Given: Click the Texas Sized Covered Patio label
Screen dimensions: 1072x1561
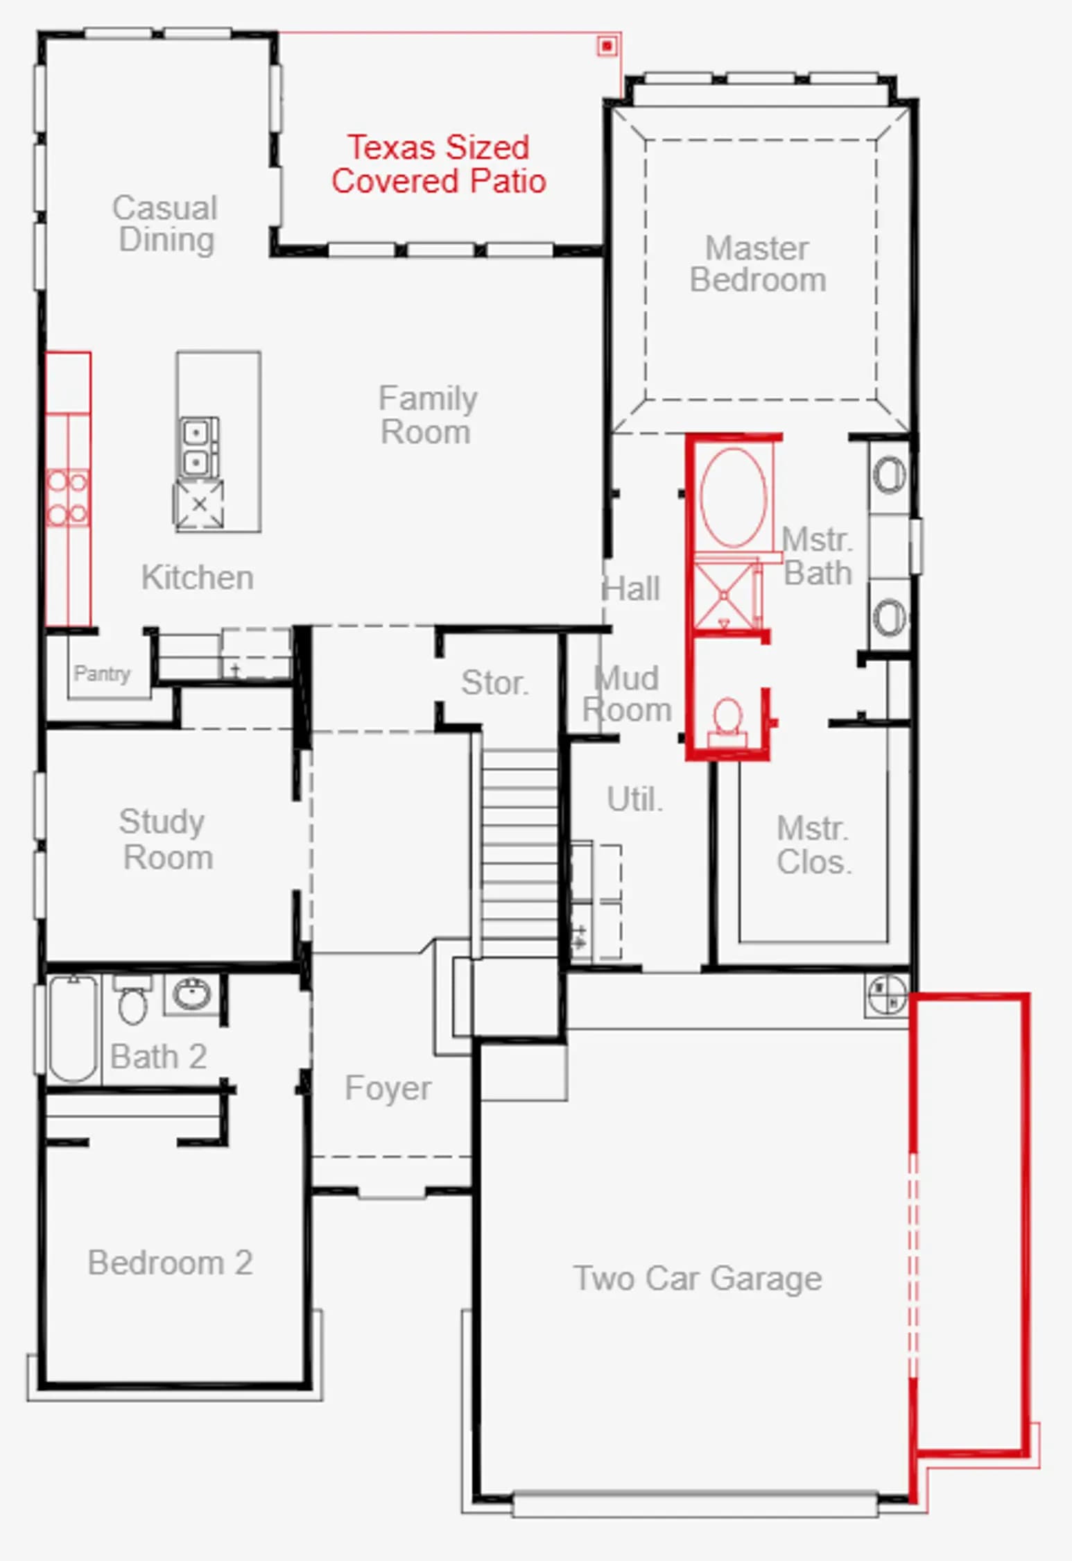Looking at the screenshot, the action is coord(438,164).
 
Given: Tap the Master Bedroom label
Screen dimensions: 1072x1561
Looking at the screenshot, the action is coord(757,264).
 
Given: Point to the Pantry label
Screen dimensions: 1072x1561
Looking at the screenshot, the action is coord(102,673).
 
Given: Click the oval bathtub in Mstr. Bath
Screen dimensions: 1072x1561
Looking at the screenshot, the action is coord(733,497).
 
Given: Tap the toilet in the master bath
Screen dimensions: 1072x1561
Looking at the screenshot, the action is coord(727,722).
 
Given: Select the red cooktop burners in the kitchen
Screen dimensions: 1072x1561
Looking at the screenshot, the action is coord(68,497).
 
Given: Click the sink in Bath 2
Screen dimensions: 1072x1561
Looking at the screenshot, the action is coord(192,994).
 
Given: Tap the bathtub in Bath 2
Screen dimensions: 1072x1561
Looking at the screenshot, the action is coord(73,1028).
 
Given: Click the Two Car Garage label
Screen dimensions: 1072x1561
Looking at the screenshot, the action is coord(697,1279).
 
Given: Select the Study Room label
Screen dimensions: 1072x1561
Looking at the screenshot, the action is coord(166,839).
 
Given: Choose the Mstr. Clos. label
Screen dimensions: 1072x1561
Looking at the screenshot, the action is coord(813,845).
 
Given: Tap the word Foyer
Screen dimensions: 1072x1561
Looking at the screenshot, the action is coord(388,1088).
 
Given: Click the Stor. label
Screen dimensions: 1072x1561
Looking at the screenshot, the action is coord(494,683).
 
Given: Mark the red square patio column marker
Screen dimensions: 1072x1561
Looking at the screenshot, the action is coord(607,46).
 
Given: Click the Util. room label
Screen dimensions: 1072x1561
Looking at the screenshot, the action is coord(634,799).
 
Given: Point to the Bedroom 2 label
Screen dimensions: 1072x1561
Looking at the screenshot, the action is coord(170,1262).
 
